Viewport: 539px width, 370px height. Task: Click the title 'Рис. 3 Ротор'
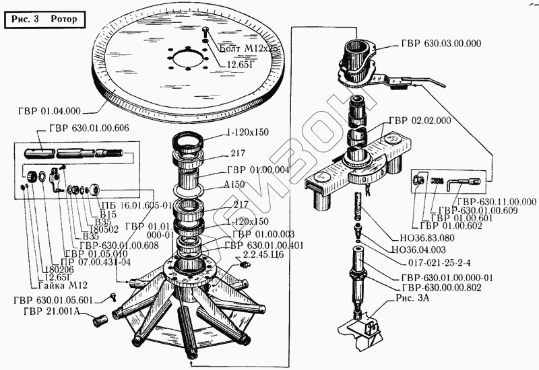click(x=44, y=19)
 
